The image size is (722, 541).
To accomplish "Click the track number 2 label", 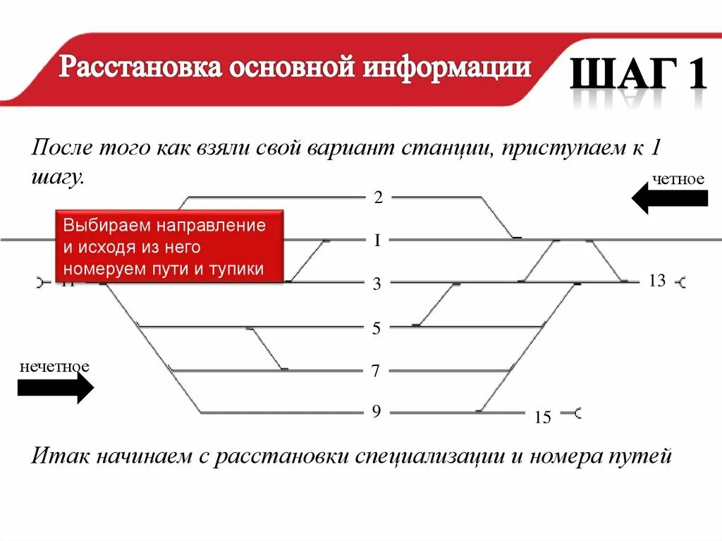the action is coord(378,197).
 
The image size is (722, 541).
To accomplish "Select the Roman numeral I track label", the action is coord(378,241).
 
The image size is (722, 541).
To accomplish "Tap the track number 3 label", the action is coord(377,284).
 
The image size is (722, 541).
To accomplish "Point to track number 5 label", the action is coord(377,328).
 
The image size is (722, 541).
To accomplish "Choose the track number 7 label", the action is coord(377,371).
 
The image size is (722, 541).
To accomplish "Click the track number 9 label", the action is coord(377,411).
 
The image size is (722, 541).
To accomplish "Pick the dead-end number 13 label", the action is coord(657,281).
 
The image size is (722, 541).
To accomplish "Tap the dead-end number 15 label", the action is coord(542,418).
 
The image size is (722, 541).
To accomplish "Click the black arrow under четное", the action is coord(669,198).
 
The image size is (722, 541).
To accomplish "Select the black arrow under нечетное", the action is coord(55,388).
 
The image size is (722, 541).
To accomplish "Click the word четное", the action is coord(678,179).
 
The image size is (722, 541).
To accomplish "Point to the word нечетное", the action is coord(54,367).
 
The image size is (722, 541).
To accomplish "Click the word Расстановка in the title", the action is coord(140,68).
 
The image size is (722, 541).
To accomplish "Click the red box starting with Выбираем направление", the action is coord(169,247).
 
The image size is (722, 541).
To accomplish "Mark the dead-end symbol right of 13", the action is coord(681,283).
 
